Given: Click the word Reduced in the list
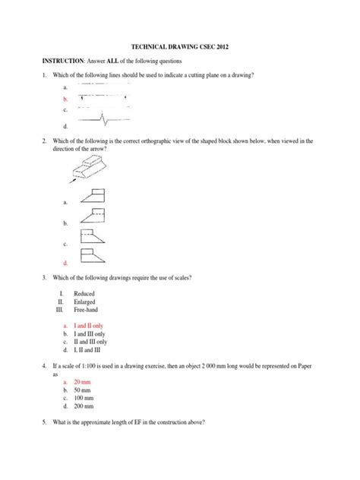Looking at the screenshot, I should tap(85, 293).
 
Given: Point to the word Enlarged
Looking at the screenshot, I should tap(86, 302).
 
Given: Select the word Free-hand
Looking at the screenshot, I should tap(87, 310).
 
